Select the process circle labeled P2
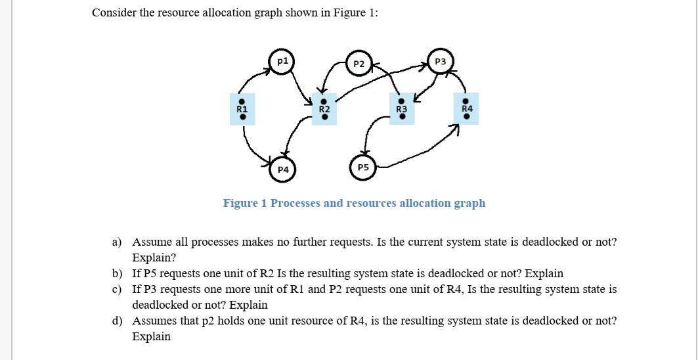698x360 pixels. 359,64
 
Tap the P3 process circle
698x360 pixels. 440,61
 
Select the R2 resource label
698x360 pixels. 324,108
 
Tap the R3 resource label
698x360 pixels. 402,108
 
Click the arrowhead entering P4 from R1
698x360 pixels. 270,162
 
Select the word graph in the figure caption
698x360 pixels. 471,203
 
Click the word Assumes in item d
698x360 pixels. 153,321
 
